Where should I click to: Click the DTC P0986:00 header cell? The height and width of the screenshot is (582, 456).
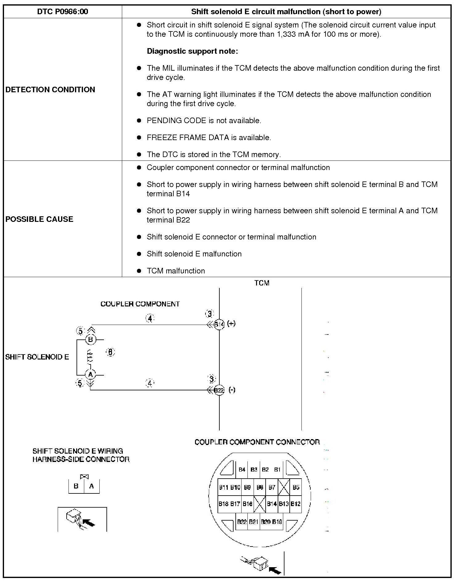(x=63, y=12)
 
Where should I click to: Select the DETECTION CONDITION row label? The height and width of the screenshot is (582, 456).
(x=50, y=89)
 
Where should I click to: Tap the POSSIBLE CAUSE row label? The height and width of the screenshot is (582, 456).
(x=39, y=219)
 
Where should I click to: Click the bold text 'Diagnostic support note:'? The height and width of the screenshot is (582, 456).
(x=192, y=51)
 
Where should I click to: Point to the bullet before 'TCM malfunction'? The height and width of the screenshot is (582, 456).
(x=139, y=271)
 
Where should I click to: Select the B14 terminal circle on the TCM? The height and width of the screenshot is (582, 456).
(x=219, y=324)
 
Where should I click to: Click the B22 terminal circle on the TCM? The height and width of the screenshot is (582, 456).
(x=219, y=390)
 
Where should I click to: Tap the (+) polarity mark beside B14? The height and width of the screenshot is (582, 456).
(x=231, y=323)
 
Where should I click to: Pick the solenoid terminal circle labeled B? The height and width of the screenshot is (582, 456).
(x=90, y=340)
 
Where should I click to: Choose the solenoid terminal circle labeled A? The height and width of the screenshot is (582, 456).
(x=90, y=375)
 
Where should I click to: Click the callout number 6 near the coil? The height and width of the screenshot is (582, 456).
(x=110, y=352)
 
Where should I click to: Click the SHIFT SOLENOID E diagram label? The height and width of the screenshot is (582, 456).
(x=37, y=357)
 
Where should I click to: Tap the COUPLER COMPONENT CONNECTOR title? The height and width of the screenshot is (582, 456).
(x=257, y=442)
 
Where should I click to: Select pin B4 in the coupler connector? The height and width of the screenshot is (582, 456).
(x=242, y=470)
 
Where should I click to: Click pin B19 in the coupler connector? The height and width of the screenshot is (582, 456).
(x=277, y=522)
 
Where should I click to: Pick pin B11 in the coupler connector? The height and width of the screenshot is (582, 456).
(x=224, y=488)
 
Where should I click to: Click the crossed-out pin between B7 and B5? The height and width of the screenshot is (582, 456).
(x=284, y=488)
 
